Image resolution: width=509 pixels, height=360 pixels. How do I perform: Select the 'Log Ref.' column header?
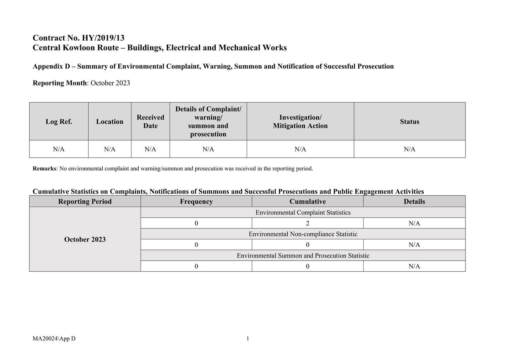[x=59, y=122]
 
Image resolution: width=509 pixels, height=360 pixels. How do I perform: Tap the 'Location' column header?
[x=110, y=122]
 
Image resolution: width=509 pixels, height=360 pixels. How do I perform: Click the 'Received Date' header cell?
[x=150, y=122]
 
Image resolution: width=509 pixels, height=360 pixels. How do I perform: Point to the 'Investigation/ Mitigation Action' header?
[x=300, y=122]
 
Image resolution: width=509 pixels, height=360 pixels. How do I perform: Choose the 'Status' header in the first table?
[x=410, y=122]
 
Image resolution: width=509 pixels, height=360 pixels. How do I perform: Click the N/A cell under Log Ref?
[x=59, y=149]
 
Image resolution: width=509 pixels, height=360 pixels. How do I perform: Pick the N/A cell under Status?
[x=410, y=149]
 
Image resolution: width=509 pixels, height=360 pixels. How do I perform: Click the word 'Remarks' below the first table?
[x=44, y=169]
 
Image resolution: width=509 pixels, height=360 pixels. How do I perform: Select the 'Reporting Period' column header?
[x=85, y=202]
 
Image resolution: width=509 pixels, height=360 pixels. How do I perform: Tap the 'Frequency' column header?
[x=196, y=202]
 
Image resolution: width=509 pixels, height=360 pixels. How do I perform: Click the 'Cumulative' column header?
[x=308, y=202]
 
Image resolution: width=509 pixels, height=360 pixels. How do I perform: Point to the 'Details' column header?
[x=414, y=202]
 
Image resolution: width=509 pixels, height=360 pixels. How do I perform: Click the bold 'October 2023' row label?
[x=85, y=239]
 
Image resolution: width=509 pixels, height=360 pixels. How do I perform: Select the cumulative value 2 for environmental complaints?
[x=308, y=223]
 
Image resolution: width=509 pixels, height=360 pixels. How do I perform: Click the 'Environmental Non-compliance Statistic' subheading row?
[x=303, y=234]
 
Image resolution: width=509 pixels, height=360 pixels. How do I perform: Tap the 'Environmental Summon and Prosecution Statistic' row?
[x=303, y=256]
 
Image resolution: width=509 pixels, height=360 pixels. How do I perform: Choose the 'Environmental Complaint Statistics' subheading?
[x=303, y=213]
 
